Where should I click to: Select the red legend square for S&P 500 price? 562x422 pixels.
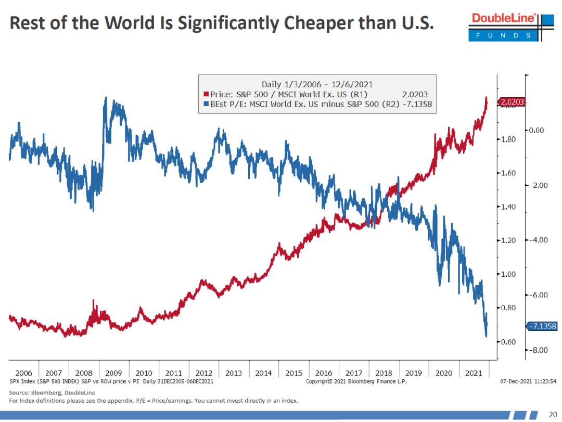[x=206, y=95]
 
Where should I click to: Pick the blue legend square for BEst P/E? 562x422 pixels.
[x=206, y=105]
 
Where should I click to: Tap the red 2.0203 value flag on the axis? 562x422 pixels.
[x=512, y=103]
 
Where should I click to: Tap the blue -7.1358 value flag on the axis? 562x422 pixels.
[x=542, y=327]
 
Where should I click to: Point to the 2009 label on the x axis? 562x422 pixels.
[x=113, y=373]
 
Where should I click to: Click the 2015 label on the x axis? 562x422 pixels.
[x=294, y=373]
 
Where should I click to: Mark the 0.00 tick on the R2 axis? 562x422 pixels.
[x=539, y=131]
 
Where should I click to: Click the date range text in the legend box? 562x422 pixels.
[x=317, y=84]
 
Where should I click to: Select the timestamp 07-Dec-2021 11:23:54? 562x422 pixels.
[x=528, y=381]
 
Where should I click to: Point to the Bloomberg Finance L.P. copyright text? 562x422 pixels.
[x=356, y=381]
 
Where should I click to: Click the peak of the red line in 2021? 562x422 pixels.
[x=486, y=98]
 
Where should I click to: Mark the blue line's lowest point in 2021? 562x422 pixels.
[x=486, y=336]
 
